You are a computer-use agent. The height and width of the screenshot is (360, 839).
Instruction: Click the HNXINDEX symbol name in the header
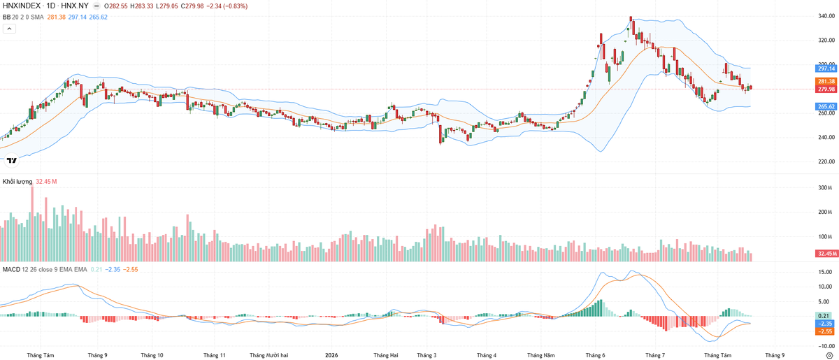[x=22, y=6]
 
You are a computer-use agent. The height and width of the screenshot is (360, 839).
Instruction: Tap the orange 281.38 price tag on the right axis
[x=826, y=81]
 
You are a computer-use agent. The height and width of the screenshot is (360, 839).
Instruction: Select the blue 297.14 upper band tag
[x=826, y=69]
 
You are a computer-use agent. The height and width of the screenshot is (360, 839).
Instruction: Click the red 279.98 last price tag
[x=826, y=89]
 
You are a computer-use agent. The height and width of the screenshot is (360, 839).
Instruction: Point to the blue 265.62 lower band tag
[x=826, y=106]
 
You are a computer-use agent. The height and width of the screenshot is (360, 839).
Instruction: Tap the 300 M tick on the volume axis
[x=825, y=187]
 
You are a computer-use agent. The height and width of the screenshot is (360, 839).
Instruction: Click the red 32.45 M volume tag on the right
[x=826, y=254]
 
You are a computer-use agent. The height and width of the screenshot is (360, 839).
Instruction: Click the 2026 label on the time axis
[x=331, y=355]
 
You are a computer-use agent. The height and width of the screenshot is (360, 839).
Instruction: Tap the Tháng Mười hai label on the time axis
[x=269, y=355]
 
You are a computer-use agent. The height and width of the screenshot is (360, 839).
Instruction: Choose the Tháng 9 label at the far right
[x=775, y=355]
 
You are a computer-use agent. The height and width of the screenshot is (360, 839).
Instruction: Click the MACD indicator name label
[x=11, y=269]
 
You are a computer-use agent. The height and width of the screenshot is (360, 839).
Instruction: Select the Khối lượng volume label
[x=17, y=182]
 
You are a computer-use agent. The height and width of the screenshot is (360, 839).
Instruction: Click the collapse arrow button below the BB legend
[x=9, y=29]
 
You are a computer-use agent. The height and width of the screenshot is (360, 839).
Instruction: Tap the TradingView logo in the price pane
[x=12, y=160]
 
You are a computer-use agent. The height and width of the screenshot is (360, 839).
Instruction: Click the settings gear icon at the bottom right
[x=829, y=356]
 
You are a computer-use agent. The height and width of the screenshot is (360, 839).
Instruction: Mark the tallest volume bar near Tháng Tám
[x=32, y=223]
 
